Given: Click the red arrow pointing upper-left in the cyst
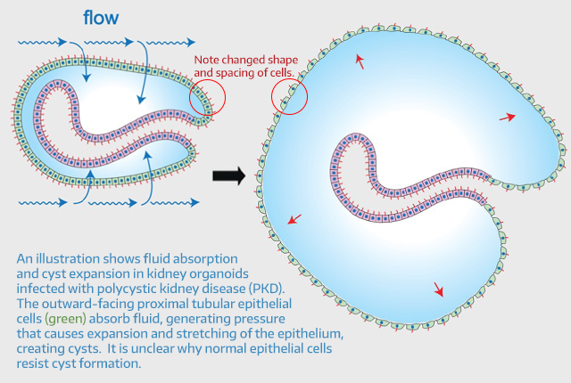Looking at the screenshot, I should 360,60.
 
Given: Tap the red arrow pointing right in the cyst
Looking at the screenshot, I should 507,117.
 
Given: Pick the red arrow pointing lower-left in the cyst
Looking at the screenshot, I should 294,219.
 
